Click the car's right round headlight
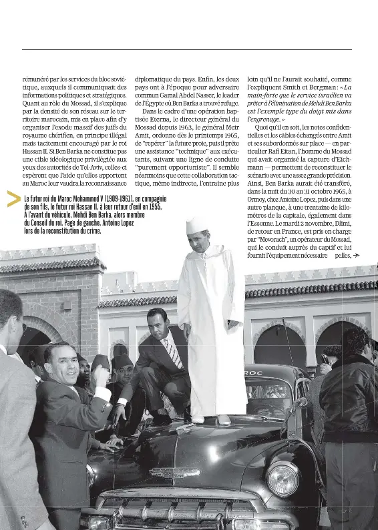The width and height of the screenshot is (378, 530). tap(283, 478)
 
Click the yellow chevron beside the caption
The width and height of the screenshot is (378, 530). tap(13, 199)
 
